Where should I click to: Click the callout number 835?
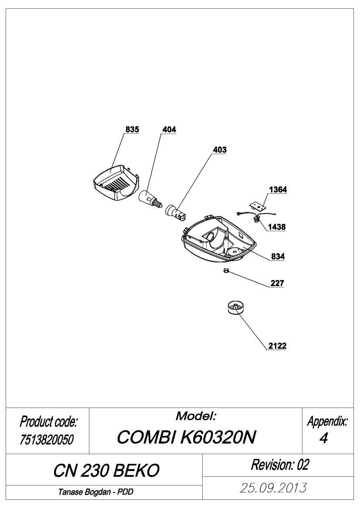(132, 129)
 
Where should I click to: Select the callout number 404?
(169, 129)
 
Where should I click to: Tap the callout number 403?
(220, 150)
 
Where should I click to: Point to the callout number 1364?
(278, 189)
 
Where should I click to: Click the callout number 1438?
(276, 227)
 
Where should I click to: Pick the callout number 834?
(278, 256)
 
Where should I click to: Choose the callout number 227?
(277, 283)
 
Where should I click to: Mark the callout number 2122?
(277, 346)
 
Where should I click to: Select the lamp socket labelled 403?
(176, 212)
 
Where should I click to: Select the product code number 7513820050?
(47, 440)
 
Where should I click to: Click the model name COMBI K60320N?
(186, 437)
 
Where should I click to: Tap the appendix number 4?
(324, 438)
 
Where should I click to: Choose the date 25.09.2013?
(273, 488)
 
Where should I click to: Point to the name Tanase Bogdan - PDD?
(96, 492)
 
